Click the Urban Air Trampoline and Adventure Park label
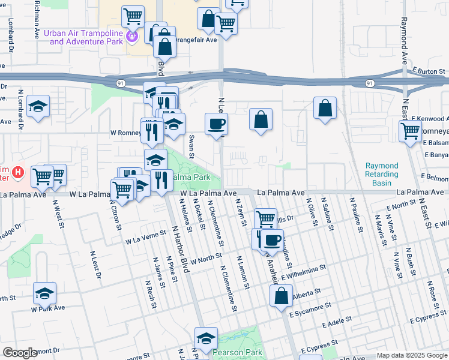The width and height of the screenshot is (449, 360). (x=83, y=37)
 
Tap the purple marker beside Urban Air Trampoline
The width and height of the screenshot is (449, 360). (x=133, y=37)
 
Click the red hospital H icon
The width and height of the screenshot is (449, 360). (x=18, y=173)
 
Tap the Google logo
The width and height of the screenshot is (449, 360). (x=20, y=353)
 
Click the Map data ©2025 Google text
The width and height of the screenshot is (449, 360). (x=412, y=355)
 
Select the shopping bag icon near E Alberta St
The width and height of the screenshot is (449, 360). (x=281, y=296)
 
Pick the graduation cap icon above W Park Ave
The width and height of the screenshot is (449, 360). (x=44, y=293)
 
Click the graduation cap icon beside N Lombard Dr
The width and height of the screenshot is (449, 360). (x=38, y=107)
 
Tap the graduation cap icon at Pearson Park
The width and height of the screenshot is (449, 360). (x=206, y=338)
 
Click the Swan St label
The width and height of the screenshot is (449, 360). (x=191, y=146)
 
